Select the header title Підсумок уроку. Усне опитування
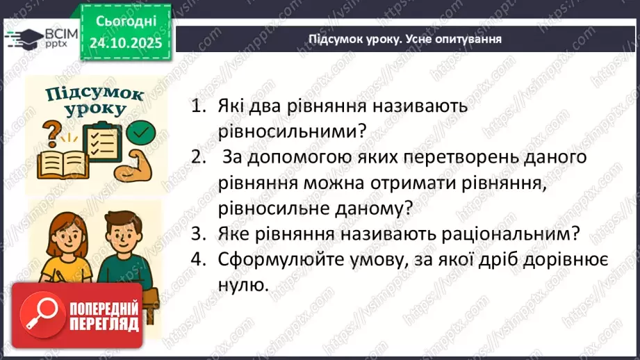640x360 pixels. [405, 39]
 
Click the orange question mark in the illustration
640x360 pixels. [51, 131]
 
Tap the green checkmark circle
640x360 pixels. [142, 130]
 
